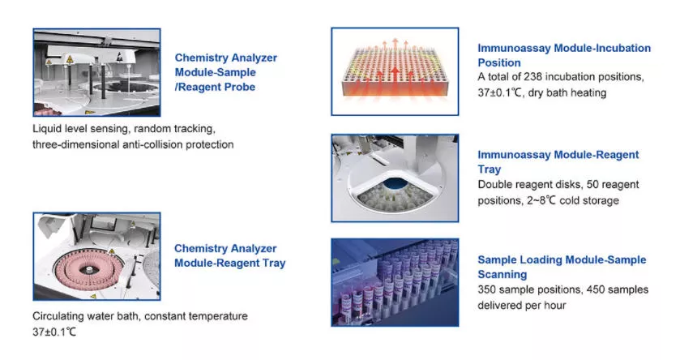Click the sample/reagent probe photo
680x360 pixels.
click(96, 72)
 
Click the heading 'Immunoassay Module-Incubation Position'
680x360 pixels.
click(563, 55)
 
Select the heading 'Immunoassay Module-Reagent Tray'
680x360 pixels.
click(558, 161)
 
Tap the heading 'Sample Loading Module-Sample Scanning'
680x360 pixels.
click(562, 267)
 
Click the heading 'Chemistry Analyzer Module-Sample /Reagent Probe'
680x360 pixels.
click(225, 72)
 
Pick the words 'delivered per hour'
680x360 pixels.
click(522, 305)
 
